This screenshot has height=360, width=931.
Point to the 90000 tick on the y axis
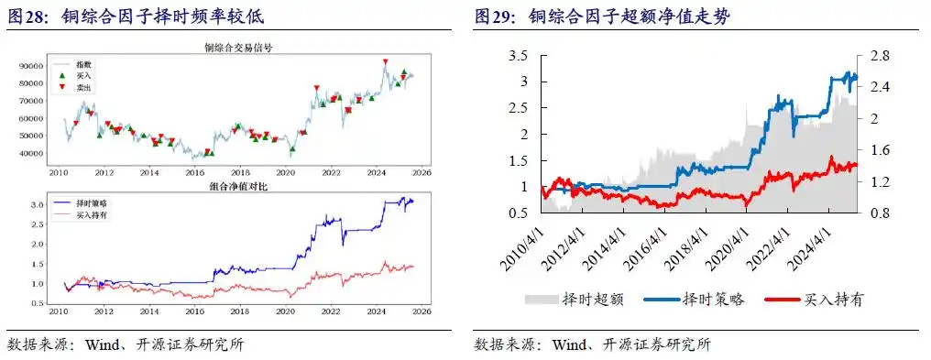[33, 67]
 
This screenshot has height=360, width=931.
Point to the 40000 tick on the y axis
[33, 153]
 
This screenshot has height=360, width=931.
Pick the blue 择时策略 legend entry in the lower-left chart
[94, 202]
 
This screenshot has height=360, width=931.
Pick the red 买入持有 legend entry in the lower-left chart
[94, 213]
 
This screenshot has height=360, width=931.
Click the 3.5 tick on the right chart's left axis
[519, 56]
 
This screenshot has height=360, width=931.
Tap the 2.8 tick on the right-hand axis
[880, 56]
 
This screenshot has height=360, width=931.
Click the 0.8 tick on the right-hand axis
[880, 213]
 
